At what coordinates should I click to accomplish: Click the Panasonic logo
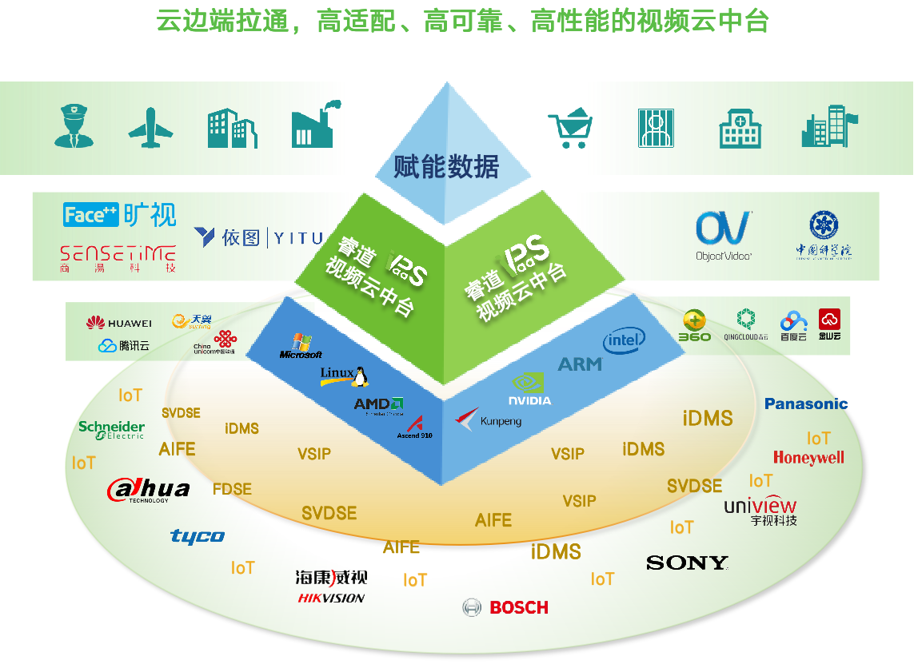tap(805, 404)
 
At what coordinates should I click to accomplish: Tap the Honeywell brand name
tap(808, 458)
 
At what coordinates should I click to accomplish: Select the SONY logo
tap(687, 563)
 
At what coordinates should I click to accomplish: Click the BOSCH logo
tap(506, 607)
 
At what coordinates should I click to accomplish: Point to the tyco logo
tap(198, 535)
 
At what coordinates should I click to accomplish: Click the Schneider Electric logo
tap(112, 430)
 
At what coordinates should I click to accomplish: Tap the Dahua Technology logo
tap(149, 490)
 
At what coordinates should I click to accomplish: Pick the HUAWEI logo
tap(118, 323)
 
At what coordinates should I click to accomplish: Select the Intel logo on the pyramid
tap(624, 341)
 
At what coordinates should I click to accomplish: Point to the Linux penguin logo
tap(345, 376)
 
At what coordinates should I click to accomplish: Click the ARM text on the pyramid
tap(580, 364)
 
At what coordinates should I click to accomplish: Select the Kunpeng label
tap(489, 419)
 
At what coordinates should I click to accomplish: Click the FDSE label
tap(232, 489)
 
